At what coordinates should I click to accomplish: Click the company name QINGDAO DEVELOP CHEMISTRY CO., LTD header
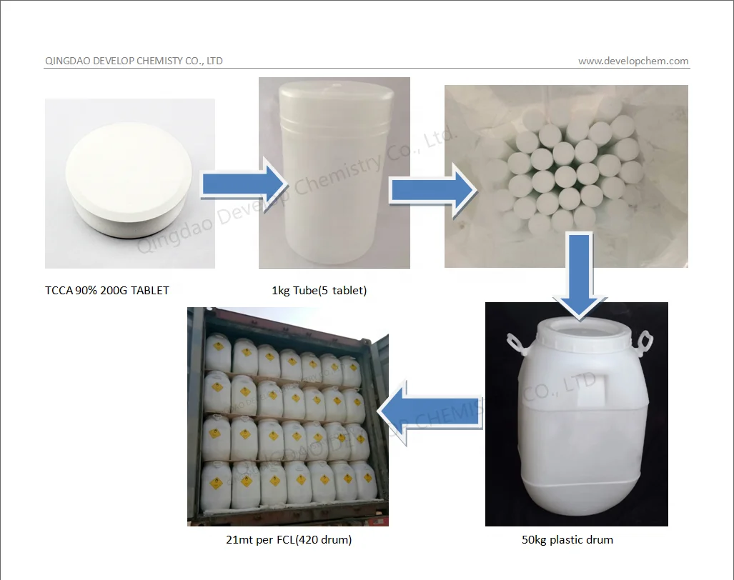[x=134, y=61]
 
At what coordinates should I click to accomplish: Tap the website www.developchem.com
[x=633, y=61]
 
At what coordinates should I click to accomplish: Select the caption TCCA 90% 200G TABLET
[x=107, y=290]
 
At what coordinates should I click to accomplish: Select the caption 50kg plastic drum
[x=567, y=540]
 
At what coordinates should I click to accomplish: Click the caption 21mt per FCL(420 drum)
[x=289, y=540]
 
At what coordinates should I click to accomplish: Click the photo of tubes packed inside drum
[x=566, y=176]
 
